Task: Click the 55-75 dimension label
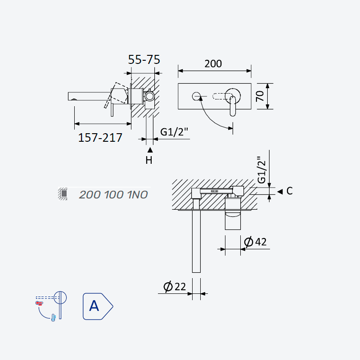click(144, 60)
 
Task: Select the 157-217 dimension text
click(100, 138)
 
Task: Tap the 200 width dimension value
click(213, 63)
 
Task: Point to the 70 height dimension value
click(260, 96)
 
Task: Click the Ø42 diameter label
click(255, 242)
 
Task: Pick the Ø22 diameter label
click(175, 287)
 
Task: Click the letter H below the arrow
click(149, 160)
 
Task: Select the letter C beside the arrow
click(289, 191)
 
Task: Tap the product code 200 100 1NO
click(113, 195)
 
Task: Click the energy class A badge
click(98, 306)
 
